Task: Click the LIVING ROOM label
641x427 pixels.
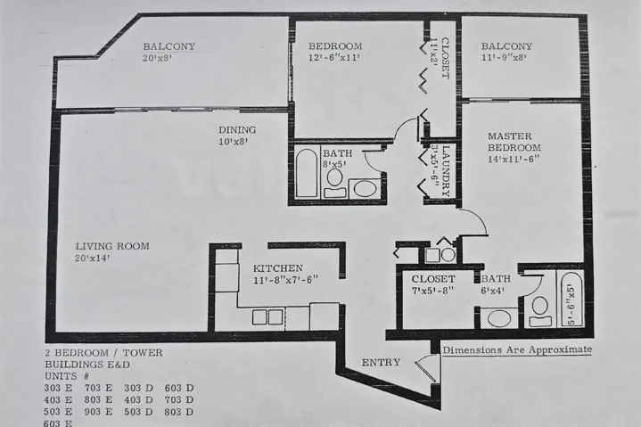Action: pyautogui.click(x=111, y=246)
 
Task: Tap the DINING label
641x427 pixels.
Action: pyautogui.click(x=238, y=128)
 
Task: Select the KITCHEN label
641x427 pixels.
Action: pyautogui.click(x=277, y=267)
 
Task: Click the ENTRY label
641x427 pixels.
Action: pyautogui.click(x=381, y=362)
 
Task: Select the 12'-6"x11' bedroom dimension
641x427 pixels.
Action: pyautogui.click(x=335, y=59)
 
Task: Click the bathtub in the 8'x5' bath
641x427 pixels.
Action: pyautogui.click(x=306, y=173)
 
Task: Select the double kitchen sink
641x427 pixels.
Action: pyautogui.click(x=267, y=316)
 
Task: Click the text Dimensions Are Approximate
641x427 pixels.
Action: pyautogui.click(x=516, y=349)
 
